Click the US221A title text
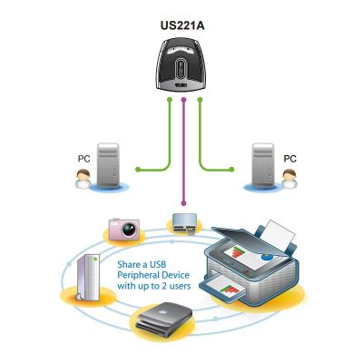[x=182, y=25]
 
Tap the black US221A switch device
[x=181, y=64]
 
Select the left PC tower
[x=108, y=166]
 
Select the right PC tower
[x=263, y=166]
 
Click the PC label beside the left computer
[x=83, y=159]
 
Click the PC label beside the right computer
[x=289, y=159]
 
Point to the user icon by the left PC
[x=83, y=179]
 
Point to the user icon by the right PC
[x=289, y=179]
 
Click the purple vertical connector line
[x=183, y=152]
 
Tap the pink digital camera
[x=124, y=230]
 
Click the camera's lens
[x=129, y=231]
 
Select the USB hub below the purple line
[x=185, y=223]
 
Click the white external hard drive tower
[x=88, y=277]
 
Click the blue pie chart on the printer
[x=268, y=257]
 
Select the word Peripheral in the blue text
[x=138, y=276]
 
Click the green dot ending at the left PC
[x=138, y=170]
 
